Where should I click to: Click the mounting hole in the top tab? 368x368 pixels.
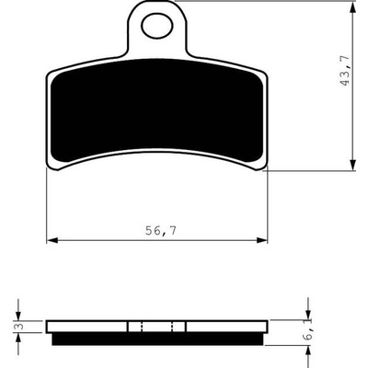157,26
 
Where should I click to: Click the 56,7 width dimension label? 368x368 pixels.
161,231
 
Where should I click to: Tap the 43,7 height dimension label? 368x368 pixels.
345,71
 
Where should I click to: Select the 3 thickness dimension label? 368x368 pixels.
20,327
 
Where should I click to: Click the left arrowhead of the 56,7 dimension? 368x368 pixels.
52,240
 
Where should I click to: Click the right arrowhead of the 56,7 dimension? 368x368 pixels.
261,240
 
